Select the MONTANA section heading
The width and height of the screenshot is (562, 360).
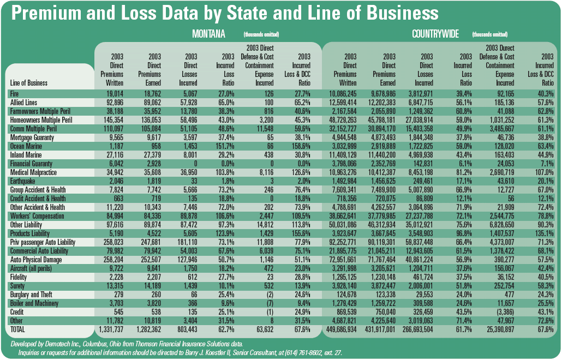(x=208, y=34)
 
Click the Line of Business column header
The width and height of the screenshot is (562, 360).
(x=29, y=83)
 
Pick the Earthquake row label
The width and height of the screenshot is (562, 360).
(x=25, y=181)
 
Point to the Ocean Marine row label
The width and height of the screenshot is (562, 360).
(x=27, y=146)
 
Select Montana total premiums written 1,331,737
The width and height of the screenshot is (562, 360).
(x=111, y=329)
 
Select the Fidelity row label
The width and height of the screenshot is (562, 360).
(x=21, y=277)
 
